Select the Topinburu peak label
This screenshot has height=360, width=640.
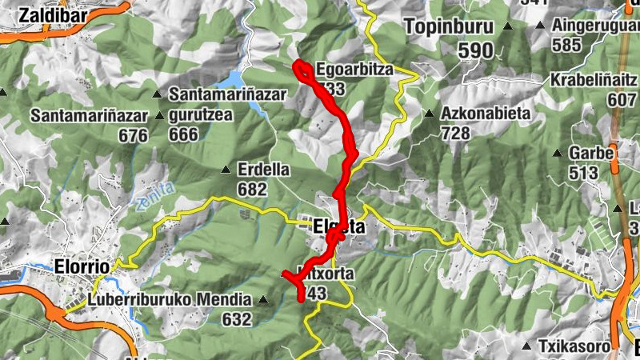click(x=450, y=26)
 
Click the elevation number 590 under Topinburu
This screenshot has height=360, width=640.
click(x=475, y=51)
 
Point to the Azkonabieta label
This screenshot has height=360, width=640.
click(x=486, y=113)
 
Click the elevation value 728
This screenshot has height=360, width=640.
click(x=455, y=133)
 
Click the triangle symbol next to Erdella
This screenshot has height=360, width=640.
click(x=225, y=170)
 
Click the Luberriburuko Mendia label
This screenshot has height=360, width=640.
click(x=162, y=301)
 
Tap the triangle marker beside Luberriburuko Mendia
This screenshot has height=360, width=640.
click(x=263, y=301)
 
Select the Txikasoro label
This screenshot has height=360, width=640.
click(x=574, y=347)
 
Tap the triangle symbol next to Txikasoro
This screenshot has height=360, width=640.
click(x=526, y=347)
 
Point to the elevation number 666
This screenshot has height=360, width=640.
click(x=183, y=134)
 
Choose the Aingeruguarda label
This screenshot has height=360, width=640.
click(x=595, y=25)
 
